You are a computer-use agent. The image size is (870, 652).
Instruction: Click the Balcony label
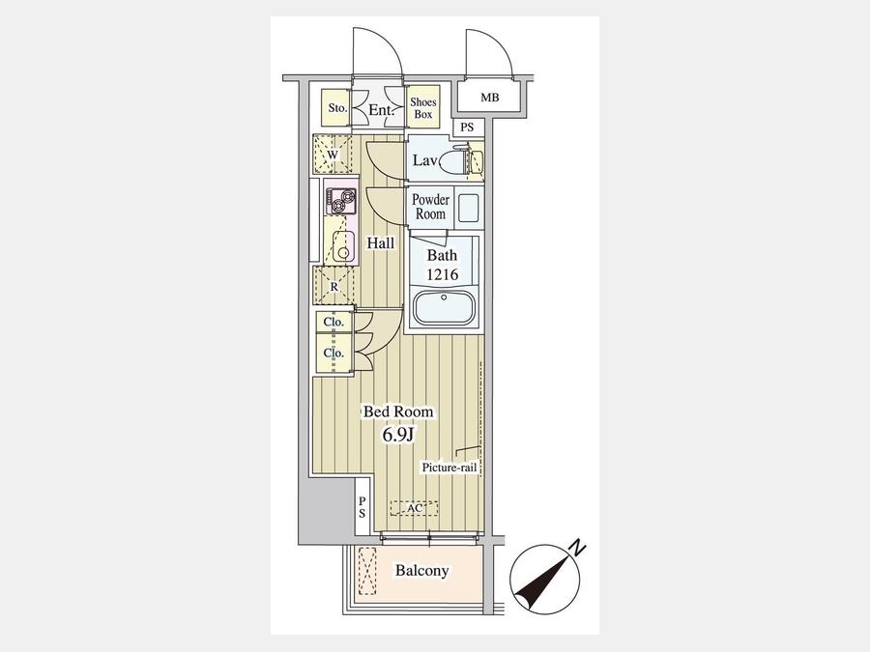point(421,571)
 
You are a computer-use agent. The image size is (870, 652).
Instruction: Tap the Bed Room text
point(398,411)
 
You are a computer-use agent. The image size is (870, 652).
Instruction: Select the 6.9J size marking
point(398,435)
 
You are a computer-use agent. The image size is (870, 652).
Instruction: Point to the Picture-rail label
point(449,468)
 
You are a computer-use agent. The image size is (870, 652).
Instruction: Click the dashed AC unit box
point(414,508)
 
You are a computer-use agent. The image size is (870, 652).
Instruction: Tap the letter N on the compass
point(578,549)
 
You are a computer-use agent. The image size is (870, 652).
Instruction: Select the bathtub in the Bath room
point(444,306)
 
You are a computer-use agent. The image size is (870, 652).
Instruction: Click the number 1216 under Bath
point(442,274)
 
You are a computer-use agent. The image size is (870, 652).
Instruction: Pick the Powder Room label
point(430,207)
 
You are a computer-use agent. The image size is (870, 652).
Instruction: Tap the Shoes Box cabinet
point(423,107)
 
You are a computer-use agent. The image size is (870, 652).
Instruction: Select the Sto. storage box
point(336,107)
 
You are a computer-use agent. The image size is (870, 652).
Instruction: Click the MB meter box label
point(490,99)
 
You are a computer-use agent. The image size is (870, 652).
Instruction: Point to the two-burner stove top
point(340,201)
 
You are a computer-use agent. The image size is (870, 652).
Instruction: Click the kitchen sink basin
point(343,245)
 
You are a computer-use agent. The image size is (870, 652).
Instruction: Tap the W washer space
point(333,154)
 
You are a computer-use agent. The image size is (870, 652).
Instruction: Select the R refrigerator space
point(333,286)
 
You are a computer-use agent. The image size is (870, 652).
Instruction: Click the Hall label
point(381,242)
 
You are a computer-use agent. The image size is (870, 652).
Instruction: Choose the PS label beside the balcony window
point(362,507)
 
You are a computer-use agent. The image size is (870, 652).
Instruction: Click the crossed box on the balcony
point(366,571)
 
